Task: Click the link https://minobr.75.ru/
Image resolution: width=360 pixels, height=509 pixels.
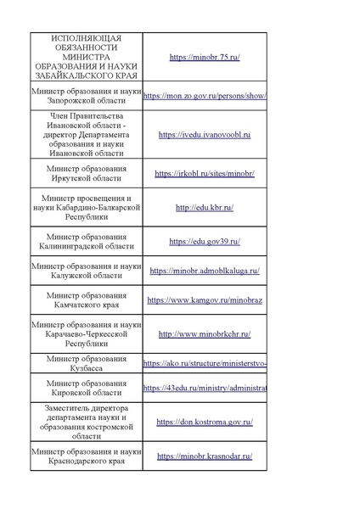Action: pyautogui.click(x=205, y=57)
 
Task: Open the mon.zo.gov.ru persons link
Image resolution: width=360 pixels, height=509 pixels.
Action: pyautogui.click(x=205, y=96)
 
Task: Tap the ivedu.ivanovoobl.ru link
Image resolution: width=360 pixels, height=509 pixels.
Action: pyautogui.click(x=205, y=134)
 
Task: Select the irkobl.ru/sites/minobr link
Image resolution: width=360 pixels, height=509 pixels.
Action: pyautogui.click(x=205, y=174)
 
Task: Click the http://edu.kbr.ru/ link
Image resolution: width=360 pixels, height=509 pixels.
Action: pyautogui.click(x=205, y=207)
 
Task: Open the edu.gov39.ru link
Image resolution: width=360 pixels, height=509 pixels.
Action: pyautogui.click(x=205, y=241)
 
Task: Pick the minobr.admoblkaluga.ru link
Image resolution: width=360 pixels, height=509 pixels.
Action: pyautogui.click(x=205, y=271)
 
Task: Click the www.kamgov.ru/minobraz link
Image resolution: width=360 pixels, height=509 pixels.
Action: pyautogui.click(x=205, y=299)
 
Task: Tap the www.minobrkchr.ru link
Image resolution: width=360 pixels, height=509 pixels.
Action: pyautogui.click(x=205, y=334)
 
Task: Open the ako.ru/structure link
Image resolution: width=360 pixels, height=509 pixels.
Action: pyautogui.click(x=205, y=363)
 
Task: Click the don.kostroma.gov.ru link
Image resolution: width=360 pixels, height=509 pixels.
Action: pyautogui.click(x=205, y=422)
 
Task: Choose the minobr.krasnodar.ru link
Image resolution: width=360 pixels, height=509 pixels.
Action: pyautogui.click(x=205, y=456)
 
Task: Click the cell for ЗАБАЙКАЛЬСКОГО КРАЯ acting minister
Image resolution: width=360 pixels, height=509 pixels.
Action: pyautogui.click(x=86, y=57)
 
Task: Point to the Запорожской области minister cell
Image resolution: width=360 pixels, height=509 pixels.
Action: pyautogui.click(x=86, y=95)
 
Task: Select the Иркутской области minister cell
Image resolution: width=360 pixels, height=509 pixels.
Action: pyautogui.click(x=86, y=174)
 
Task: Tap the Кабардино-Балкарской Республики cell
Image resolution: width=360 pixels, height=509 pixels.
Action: pyautogui.click(x=86, y=207)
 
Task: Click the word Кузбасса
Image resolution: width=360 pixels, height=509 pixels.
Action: pyautogui.click(x=87, y=371)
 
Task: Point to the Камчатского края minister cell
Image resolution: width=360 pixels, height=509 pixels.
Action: pyautogui.click(x=86, y=299)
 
